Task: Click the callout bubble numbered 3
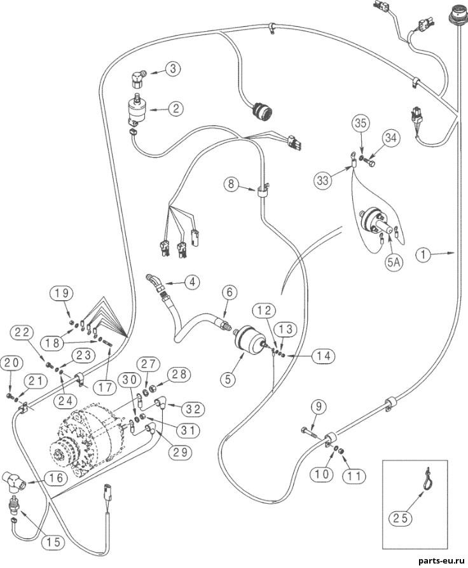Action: tap(174, 69)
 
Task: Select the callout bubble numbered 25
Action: tap(401, 518)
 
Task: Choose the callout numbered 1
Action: tap(423, 254)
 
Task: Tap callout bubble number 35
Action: tap(361, 123)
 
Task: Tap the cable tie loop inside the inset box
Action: tap(426, 481)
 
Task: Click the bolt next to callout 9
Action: tap(308, 431)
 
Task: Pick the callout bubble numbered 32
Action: tap(193, 410)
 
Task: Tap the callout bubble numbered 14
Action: tap(324, 356)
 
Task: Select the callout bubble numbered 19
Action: tap(62, 293)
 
